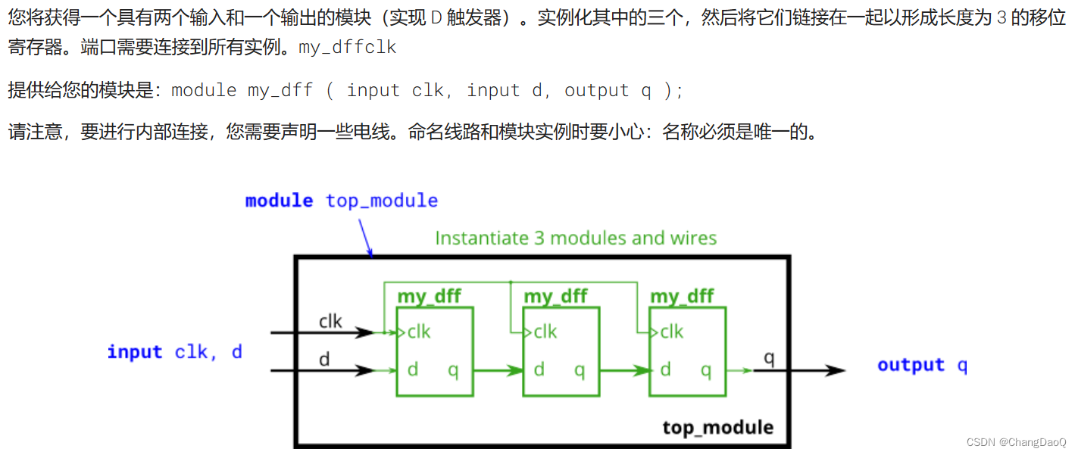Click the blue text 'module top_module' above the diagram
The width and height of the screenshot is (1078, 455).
[342, 201]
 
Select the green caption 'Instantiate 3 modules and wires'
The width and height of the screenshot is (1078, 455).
[576, 238]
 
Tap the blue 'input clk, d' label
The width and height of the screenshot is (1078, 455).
[174, 352]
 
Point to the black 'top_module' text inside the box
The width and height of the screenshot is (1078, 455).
[717, 428]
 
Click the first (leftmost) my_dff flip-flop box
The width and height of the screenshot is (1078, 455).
[434, 351]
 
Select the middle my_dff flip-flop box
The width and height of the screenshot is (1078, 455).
[561, 351]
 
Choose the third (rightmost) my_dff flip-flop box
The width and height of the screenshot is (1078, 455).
[687, 351]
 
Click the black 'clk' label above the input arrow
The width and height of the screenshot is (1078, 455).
[330, 321]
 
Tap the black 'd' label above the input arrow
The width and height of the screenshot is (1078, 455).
[324, 360]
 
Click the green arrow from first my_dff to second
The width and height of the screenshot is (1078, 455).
[498, 371]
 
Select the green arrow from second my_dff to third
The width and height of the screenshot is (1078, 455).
[624, 371]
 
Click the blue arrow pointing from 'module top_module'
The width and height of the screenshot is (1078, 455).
[365, 235]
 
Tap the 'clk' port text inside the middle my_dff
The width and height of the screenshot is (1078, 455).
[545, 332]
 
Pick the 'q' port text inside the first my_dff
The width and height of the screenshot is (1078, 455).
[453, 370]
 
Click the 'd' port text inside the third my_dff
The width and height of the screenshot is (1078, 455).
[665, 369]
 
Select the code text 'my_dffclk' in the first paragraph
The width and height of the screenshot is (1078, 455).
[348, 48]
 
